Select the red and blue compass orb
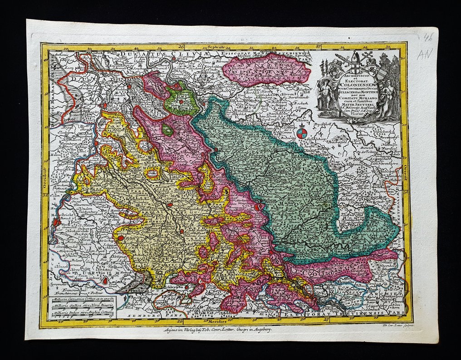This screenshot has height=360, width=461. click(302, 133)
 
